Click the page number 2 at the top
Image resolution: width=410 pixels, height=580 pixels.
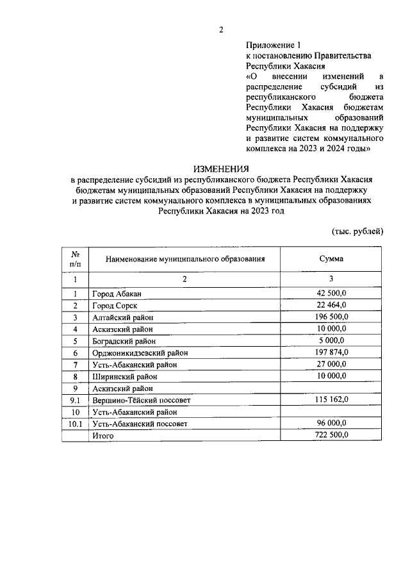pos(220,29)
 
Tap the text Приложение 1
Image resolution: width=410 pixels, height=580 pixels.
pos(273,46)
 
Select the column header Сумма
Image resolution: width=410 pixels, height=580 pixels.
pos(331,259)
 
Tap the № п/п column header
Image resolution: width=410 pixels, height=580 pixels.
pos(75,259)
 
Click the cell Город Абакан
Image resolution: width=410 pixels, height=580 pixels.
pos(116,294)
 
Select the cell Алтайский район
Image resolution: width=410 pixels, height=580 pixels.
pos(123,317)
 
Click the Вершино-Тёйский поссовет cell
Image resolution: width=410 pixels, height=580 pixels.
pos(142,400)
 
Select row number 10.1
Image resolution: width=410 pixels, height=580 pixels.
pos(75,424)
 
